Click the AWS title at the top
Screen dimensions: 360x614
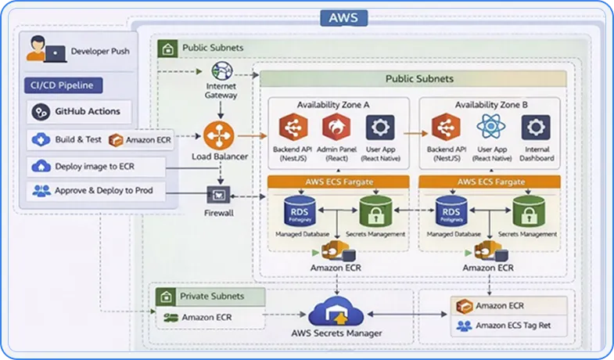(345, 18)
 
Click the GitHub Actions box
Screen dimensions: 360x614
(81, 112)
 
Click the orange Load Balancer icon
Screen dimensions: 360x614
(220, 135)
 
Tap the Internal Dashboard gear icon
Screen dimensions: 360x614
(537, 127)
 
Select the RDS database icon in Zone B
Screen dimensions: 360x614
(450, 211)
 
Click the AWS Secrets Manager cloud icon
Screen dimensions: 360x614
(336, 312)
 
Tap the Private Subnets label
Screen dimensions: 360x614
(212, 297)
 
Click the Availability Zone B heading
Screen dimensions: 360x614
(491, 105)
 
